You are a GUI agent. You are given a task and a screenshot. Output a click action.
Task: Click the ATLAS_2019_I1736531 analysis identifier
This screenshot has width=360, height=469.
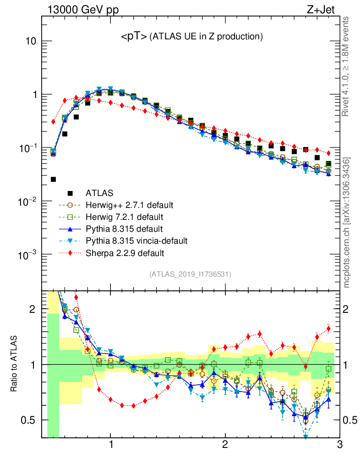pos(190,274)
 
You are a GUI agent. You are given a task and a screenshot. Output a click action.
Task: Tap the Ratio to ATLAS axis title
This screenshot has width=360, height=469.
pos(15,364)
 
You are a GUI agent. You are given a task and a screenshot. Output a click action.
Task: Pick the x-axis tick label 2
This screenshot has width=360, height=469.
pos(225,445)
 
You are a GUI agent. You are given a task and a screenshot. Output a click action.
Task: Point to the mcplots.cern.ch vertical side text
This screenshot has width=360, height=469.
pos(346,222)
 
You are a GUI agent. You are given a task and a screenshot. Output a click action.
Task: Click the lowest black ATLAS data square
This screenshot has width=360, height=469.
pos(53,179)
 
